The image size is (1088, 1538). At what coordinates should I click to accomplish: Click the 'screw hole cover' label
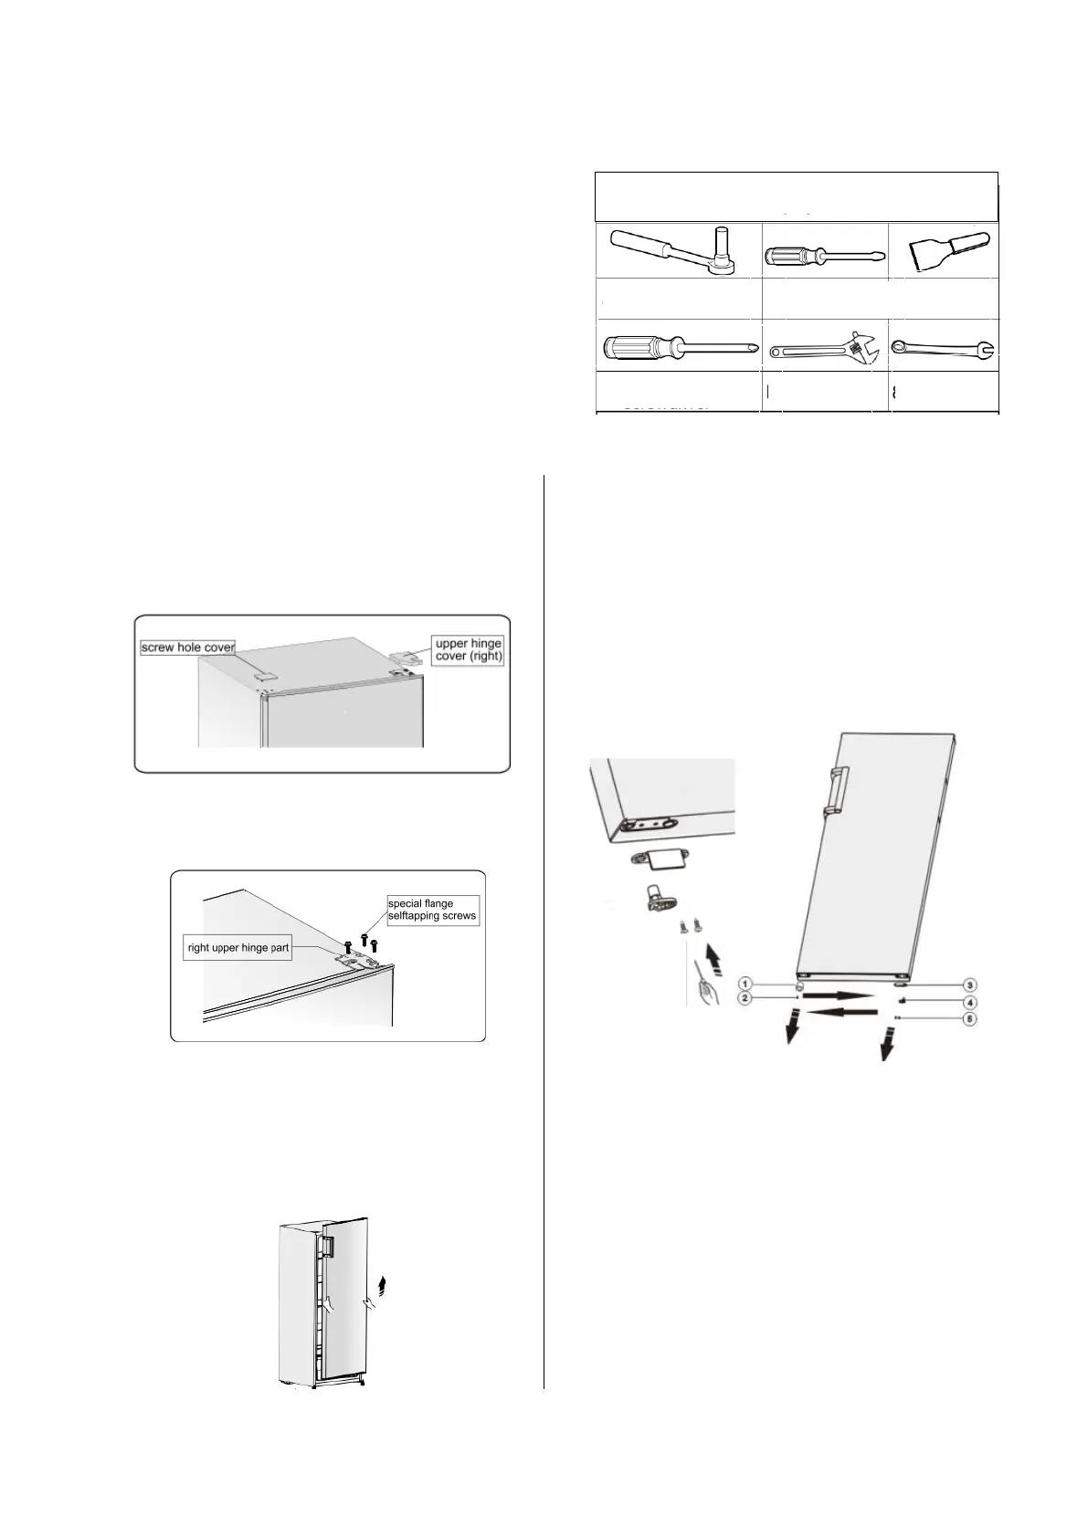(188, 647)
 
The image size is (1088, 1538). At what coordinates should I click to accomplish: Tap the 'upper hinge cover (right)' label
(468, 649)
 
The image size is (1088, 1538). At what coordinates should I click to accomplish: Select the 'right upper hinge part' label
(238, 947)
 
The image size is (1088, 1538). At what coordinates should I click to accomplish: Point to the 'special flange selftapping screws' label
(431, 910)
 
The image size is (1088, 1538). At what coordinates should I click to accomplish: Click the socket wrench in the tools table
(677, 249)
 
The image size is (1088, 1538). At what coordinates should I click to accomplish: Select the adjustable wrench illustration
(823, 346)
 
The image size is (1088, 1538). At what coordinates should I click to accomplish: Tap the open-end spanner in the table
(942, 347)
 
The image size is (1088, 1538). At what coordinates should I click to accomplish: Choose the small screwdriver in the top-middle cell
(824, 255)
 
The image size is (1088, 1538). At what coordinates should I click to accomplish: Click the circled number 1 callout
(745, 984)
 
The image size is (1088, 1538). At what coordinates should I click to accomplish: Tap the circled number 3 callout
(970, 985)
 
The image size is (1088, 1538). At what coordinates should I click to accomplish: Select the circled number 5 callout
(970, 1017)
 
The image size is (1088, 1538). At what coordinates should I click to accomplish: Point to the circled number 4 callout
(970, 1002)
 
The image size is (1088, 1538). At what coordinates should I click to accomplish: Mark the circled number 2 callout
(745, 998)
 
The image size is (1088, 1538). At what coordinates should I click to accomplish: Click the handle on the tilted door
(833, 790)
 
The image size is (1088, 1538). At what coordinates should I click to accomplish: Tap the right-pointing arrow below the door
(839, 993)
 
